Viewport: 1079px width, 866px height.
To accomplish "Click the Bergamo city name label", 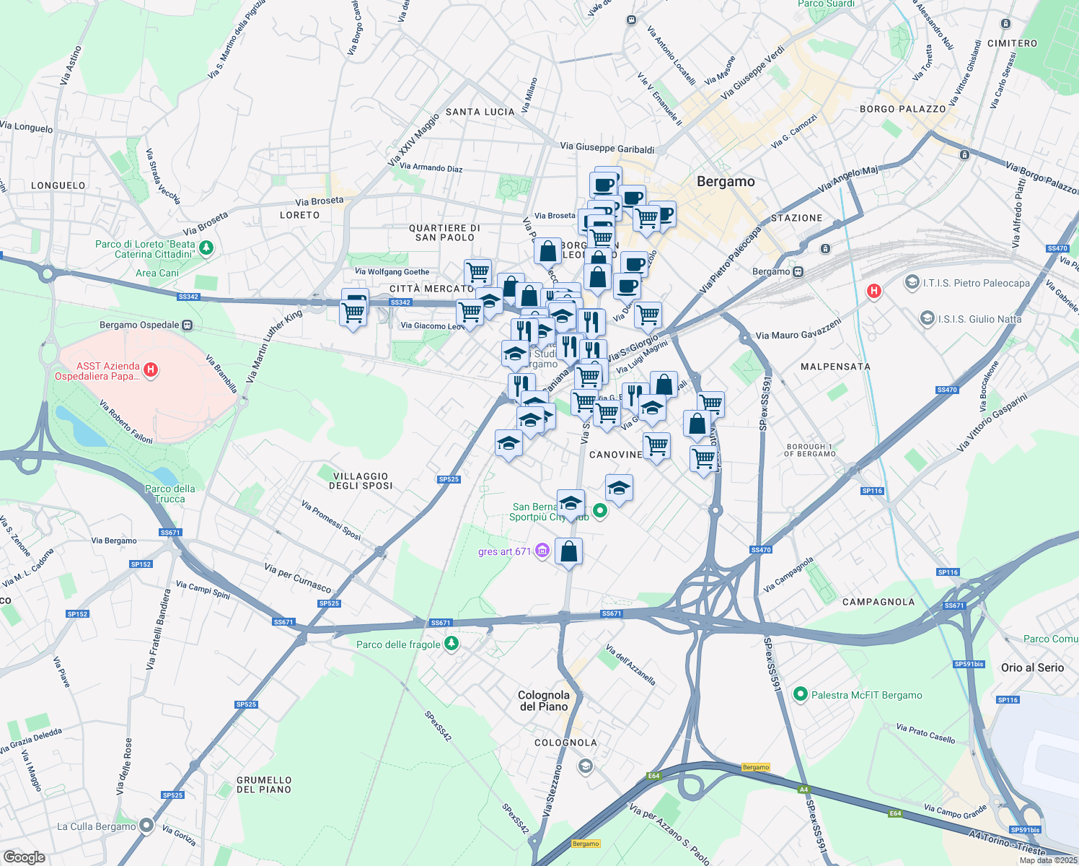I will tap(726, 182).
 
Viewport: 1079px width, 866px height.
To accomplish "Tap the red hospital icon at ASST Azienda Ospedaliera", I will tap(151, 370).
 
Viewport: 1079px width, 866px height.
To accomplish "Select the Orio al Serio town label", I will tap(1032, 668).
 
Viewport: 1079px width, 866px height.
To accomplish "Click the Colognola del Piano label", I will tap(544, 701).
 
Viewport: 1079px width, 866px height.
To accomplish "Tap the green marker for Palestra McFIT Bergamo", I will tap(800, 694).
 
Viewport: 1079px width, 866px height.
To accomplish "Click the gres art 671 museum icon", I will tap(542, 551).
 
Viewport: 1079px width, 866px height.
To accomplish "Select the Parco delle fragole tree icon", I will tap(452, 643).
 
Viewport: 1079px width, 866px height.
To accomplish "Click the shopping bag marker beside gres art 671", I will tap(568, 551).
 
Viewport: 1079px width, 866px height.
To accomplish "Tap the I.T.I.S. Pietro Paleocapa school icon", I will tap(912, 282).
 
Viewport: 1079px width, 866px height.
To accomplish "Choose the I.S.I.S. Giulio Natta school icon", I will tap(927, 318).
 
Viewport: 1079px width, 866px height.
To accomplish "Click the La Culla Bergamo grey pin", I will tap(146, 826).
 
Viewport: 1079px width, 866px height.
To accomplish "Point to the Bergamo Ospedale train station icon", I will tap(188, 325).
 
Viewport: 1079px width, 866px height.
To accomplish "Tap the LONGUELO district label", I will tap(58, 185).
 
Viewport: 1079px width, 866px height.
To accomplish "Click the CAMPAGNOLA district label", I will tap(878, 602).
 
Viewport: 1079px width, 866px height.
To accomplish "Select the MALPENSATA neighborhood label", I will tap(835, 367).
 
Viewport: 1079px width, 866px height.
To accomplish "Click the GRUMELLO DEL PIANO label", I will tap(264, 784).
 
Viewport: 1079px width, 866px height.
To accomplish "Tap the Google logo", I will tap(25, 857).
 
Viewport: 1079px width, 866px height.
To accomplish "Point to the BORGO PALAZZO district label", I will tap(902, 109).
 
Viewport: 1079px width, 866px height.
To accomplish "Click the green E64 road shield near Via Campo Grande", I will tap(895, 813).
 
